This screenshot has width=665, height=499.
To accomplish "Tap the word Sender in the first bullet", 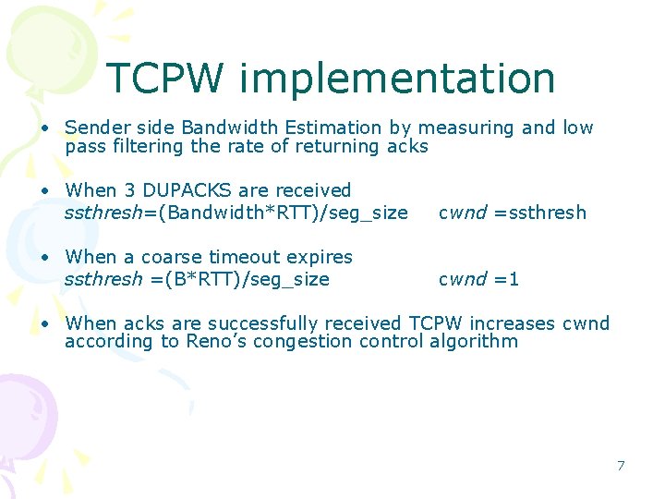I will pos(95,128).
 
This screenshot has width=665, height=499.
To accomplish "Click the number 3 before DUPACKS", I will pos(129,190).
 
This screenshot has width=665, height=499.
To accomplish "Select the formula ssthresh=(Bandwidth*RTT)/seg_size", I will pos(236,213).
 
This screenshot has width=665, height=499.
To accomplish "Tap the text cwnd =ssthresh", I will pos(512,213).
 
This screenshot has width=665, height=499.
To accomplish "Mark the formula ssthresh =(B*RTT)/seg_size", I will pos(197,279).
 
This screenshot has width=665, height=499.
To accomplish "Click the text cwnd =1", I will pos(478,279).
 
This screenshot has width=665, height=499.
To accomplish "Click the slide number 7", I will pos(621,466).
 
